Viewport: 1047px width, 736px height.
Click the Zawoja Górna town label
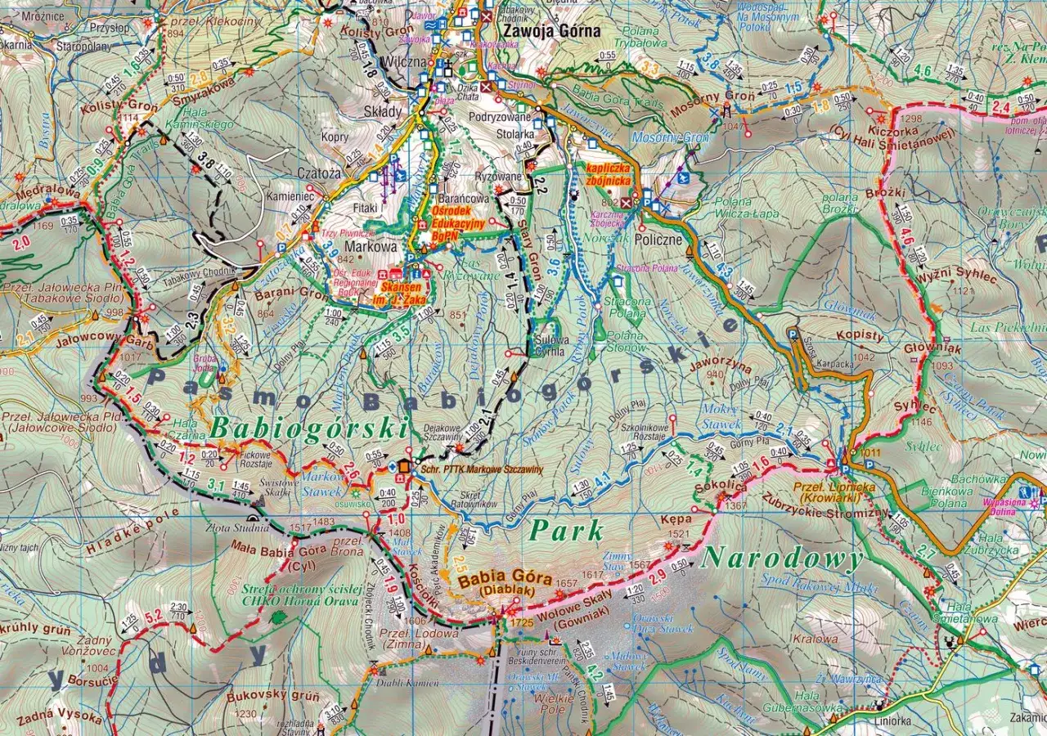(x=552, y=32)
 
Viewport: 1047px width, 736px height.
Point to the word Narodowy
(x=783, y=559)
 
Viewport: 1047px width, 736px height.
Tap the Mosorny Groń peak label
(x=701, y=96)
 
